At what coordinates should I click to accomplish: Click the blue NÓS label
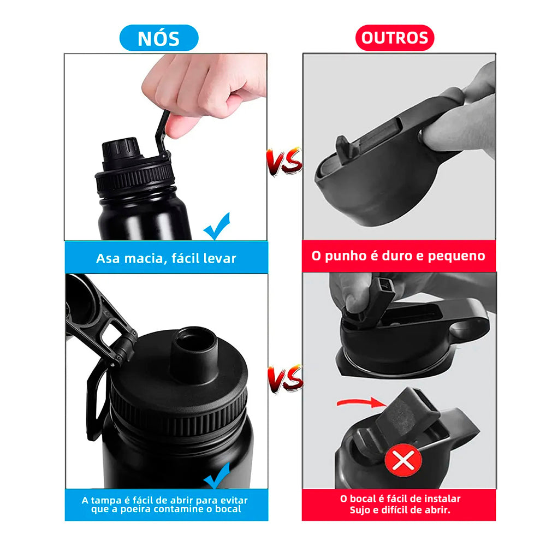tap(159, 38)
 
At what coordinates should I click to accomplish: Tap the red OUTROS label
tap(395, 38)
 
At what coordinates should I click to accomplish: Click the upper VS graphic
tap(284, 161)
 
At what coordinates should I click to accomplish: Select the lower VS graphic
tap(286, 378)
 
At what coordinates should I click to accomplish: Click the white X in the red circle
tap(403, 460)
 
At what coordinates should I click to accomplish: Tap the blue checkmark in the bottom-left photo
tap(217, 476)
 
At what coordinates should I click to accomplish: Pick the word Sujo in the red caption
tap(360, 510)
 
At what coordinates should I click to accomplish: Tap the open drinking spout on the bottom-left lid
tap(194, 353)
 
